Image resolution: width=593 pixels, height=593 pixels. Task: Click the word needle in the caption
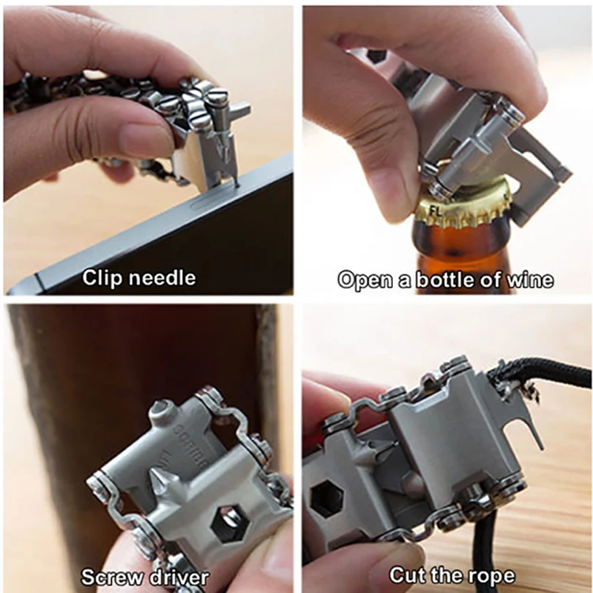click(x=159, y=278)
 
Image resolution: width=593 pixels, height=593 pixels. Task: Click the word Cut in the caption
click(x=408, y=574)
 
